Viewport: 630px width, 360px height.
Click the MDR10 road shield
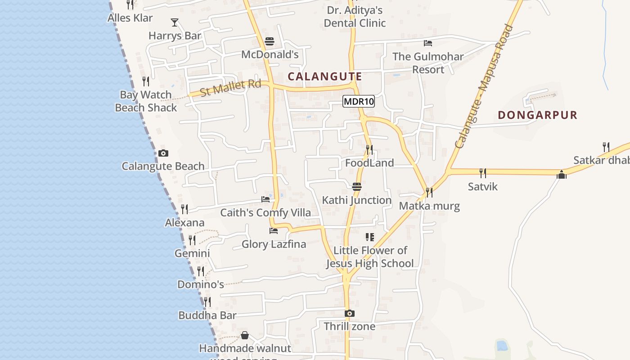point(359,101)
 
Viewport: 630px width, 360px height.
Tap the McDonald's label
point(270,54)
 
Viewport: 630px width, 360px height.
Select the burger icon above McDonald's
point(270,41)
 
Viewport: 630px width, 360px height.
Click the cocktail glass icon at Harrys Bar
point(175,22)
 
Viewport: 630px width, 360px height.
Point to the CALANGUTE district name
point(324,76)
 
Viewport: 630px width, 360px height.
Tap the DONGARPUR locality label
point(537,115)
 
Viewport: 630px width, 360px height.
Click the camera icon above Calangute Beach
point(163,153)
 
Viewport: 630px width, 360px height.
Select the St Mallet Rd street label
point(230,87)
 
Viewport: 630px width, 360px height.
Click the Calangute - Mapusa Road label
point(484,86)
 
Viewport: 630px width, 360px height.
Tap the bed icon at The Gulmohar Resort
point(428,43)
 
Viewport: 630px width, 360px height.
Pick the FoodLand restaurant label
point(369,163)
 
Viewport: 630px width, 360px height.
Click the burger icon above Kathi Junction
point(357,187)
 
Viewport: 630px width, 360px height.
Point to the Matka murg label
point(429,206)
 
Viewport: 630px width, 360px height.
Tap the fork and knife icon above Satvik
point(482,173)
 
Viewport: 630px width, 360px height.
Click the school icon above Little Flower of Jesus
point(370,237)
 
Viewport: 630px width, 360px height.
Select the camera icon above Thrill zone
point(350,313)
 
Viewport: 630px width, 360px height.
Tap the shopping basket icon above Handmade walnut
point(245,335)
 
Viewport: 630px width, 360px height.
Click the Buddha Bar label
point(207,315)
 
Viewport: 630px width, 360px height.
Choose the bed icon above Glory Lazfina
point(274,231)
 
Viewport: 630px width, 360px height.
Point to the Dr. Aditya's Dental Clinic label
point(355,17)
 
